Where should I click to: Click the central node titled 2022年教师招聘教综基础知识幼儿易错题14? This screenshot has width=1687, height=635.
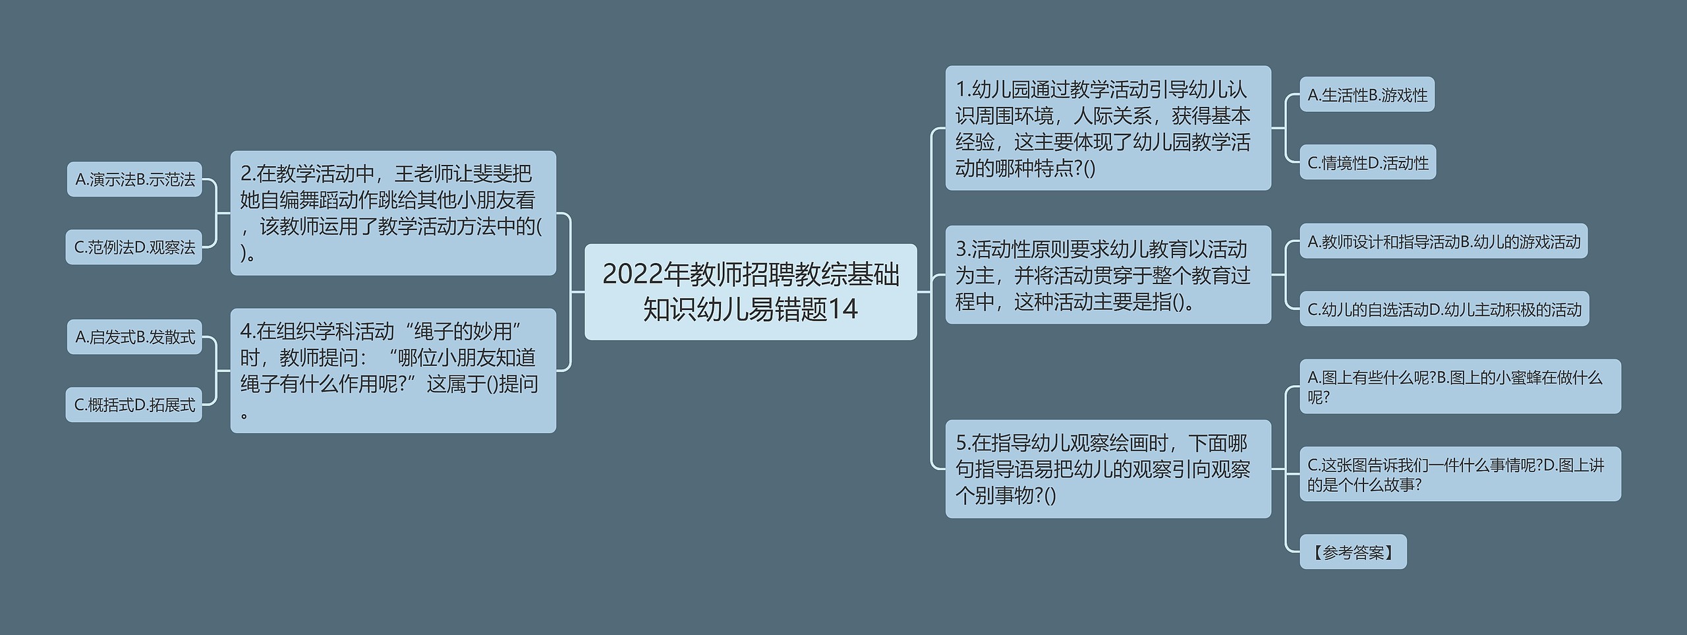click(x=750, y=291)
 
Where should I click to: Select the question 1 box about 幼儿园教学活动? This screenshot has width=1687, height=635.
click(x=1107, y=128)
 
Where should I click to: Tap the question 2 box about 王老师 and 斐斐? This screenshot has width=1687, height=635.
click(x=393, y=212)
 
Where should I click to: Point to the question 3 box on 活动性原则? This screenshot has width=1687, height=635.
click(x=1107, y=275)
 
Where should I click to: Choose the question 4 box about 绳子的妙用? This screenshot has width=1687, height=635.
click(x=393, y=370)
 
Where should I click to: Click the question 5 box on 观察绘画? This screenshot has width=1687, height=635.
click(x=1107, y=468)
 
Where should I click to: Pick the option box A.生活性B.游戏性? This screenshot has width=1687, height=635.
click(x=1367, y=95)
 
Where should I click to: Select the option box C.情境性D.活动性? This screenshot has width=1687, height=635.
click(x=1367, y=162)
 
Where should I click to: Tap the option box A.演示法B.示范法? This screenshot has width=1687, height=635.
click(x=134, y=179)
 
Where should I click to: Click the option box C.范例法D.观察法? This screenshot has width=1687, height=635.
click(x=134, y=247)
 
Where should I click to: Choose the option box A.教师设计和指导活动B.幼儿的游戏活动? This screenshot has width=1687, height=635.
click(x=1443, y=241)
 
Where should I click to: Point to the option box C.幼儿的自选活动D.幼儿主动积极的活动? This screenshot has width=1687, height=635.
click(x=1444, y=309)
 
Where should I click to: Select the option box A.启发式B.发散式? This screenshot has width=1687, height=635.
click(x=134, y=337)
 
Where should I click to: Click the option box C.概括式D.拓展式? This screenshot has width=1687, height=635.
click(x=134, y=405)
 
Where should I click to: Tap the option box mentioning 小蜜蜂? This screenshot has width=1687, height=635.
click(x=1459, y=386)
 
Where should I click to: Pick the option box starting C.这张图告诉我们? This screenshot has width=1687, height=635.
click(x=1459, y=474)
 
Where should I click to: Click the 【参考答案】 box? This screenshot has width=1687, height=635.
click(x=1352, y=552)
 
